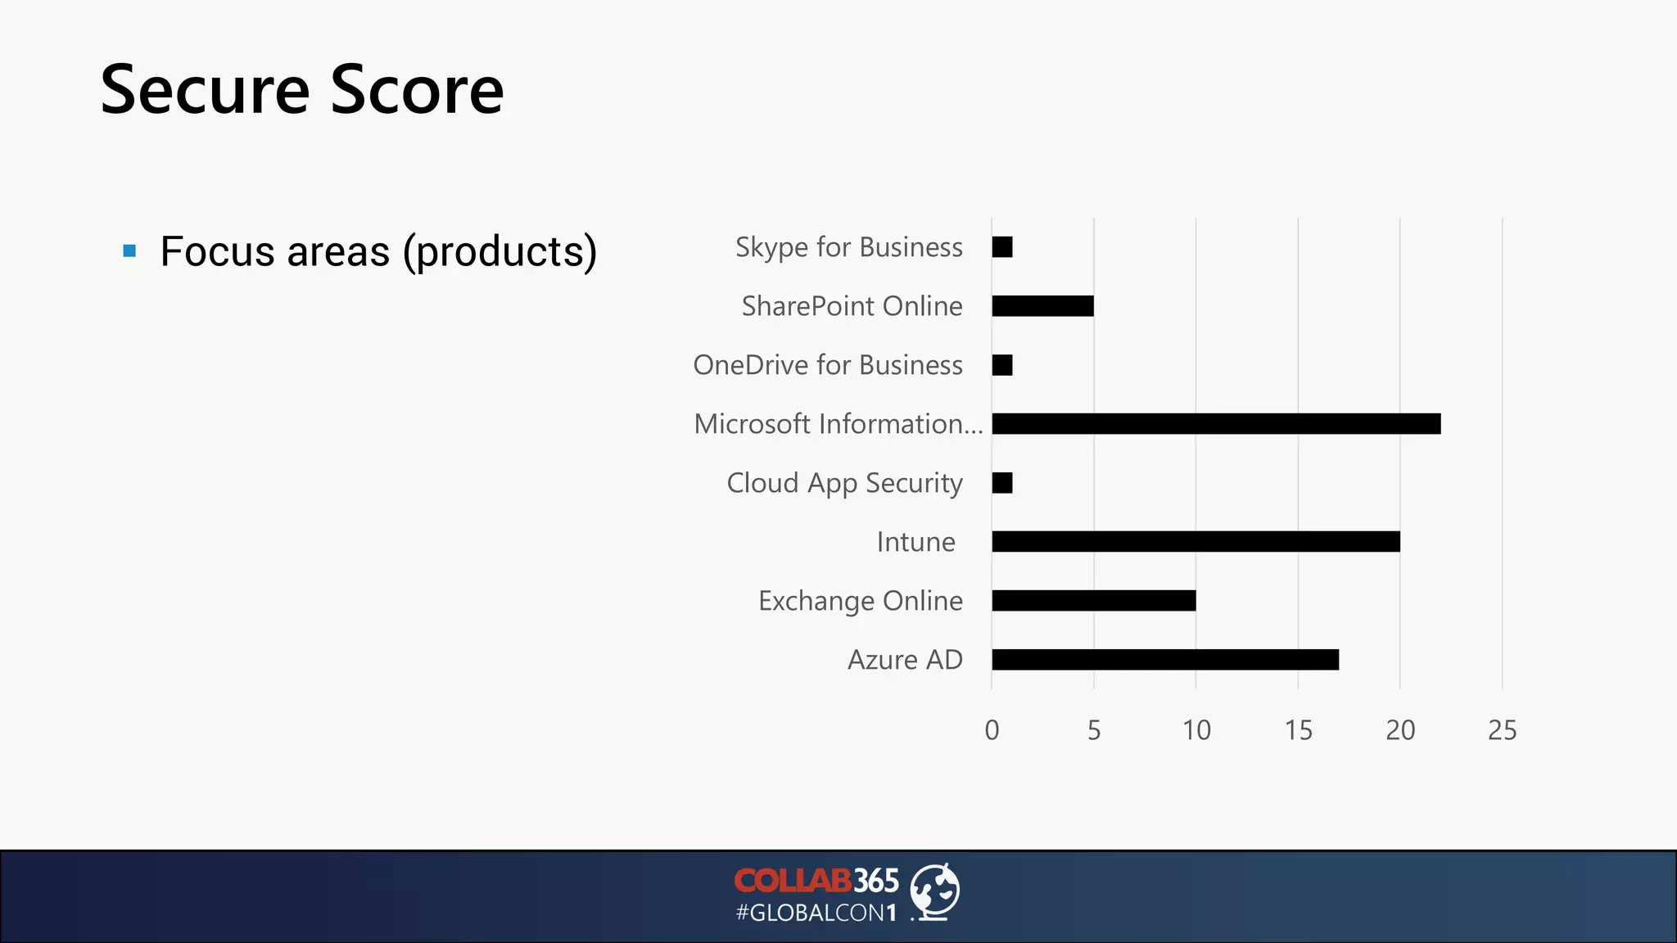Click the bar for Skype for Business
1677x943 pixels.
(1002, 247)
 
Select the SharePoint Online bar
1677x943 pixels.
(1042, 306)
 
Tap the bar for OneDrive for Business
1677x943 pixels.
(1002, 365)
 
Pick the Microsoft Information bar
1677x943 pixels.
(1216, 424)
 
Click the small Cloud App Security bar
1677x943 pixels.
(1002, 483)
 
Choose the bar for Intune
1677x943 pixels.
(1196, 542)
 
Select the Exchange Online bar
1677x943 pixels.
(1094, 601)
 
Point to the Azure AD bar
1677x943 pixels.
(1165, 660)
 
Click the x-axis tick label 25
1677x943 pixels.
(1502, 730)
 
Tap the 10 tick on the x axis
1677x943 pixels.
(1196, 730)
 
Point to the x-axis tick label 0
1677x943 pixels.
(992, 730)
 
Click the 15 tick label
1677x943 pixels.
(1298, 730)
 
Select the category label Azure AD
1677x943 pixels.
(905, 660)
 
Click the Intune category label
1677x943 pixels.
(915, 542)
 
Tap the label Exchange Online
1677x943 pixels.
(860, 601)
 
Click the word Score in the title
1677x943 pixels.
(417, 90)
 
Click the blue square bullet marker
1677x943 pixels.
(129, 250)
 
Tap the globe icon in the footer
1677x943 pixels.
(935, 891)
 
